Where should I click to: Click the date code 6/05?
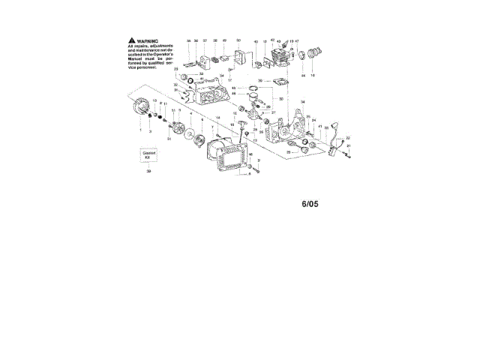[309, 202]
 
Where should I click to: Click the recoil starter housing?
[229, 157]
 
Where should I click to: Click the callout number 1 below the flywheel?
[139, 130]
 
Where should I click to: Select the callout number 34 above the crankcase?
[303, 102]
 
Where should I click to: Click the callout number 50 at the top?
[238, 40]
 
